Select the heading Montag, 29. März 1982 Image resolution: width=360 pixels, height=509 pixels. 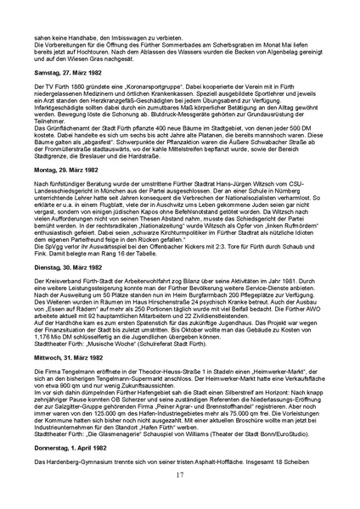pyautogui.click(x=67, y=193)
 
